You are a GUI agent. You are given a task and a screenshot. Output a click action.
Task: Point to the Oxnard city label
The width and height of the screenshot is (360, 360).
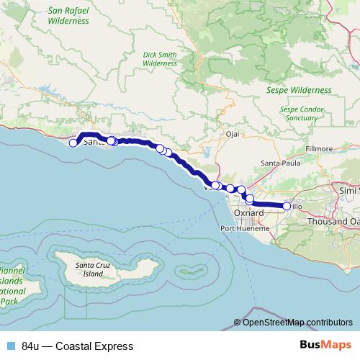(x=249, y=214)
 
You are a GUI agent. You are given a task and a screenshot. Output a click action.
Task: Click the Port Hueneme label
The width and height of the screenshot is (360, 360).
(x=243, y=228)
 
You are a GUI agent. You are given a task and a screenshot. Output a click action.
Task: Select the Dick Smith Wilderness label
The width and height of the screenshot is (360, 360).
(x=160, y=58)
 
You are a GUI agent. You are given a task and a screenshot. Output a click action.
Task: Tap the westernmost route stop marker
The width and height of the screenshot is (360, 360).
(x=73, y=143)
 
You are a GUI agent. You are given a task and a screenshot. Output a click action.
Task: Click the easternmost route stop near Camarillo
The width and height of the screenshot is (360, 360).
(x=287, y=206)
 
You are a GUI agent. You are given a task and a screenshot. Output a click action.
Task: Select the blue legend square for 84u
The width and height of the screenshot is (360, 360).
(x=11, y=346)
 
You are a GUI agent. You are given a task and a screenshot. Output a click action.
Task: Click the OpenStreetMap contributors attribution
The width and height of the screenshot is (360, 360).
(x=297, y=323)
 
